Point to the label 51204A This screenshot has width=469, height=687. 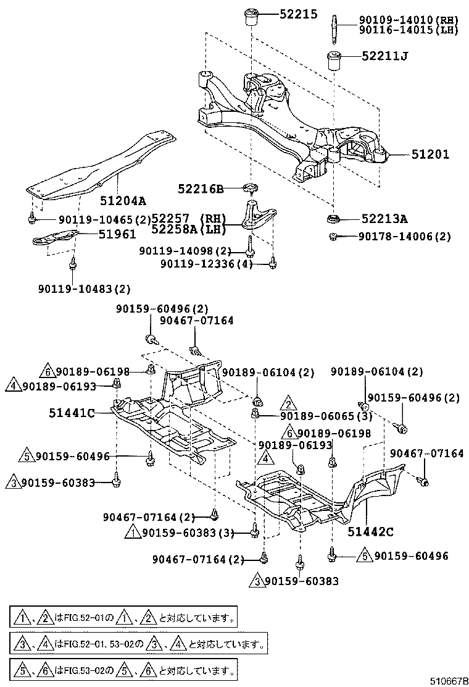coord(123,200)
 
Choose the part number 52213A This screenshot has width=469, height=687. coord(385,219)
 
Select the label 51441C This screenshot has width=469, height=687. coord(72,413)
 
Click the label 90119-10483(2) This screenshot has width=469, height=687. coord(84,289)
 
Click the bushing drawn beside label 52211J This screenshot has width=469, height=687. coord(334,61)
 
